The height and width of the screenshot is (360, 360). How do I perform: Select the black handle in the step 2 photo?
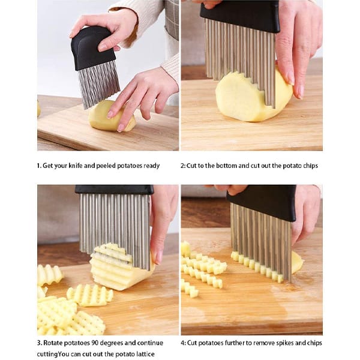[x=240, y=16]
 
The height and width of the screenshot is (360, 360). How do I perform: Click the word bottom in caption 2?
[x=226, y=166]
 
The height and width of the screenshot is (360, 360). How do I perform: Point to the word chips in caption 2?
[x=310, y=166]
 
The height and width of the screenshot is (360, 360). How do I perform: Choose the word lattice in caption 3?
[x=145, y=354]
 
